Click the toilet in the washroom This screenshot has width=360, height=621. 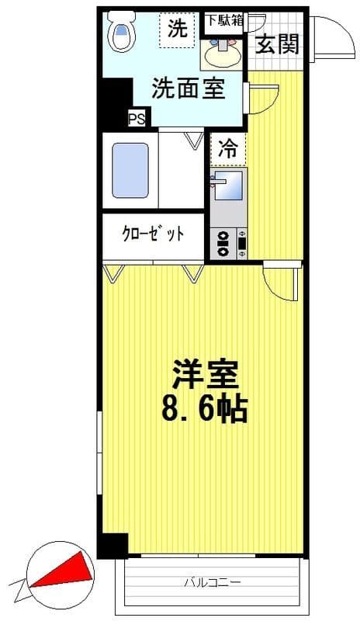pyautogui.click(x=122, y=33)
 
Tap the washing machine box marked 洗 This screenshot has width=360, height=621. pyautogui.click(x=178, y=29)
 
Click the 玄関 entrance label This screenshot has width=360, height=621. pyautogui.click(x=277, y=44)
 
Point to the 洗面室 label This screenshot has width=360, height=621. pyautogui.click(x=189, y=88)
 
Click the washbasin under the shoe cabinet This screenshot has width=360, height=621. pyautogui.click(x=221, y=52)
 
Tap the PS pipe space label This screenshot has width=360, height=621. pyautogui.click(x=137, y=119)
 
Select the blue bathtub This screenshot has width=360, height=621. pyautogui.click(x=130, y=170)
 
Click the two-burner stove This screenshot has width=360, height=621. pyautogui.click(x=223, y=243)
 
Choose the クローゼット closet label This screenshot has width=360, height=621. pyautogui.click(x=153, y=234)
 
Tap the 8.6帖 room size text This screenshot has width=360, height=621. pyautogui.click(x=204, y=409)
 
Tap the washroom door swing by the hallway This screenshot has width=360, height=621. pyautogui.click(x=260, y=97)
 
